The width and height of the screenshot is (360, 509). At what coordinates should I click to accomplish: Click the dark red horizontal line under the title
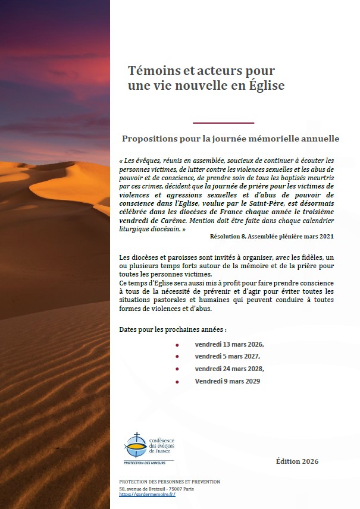[224, 123]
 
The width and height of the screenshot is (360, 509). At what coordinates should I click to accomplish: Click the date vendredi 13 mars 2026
[229, 344]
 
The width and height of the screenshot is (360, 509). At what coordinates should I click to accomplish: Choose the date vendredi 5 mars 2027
[227, 356]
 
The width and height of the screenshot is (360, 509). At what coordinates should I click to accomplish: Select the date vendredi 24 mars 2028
[229, 369]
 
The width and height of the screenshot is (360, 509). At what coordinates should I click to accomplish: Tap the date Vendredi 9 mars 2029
[227, 381]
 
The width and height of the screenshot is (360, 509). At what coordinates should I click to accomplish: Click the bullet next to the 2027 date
[177, 357]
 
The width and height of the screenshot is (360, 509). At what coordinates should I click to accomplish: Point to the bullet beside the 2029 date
[177, 381]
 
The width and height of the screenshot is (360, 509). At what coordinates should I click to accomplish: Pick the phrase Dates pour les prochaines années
[173, 329]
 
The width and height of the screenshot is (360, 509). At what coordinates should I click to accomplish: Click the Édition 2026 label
[298, 461]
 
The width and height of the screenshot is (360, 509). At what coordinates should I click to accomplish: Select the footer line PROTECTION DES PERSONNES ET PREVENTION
[170, 482]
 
